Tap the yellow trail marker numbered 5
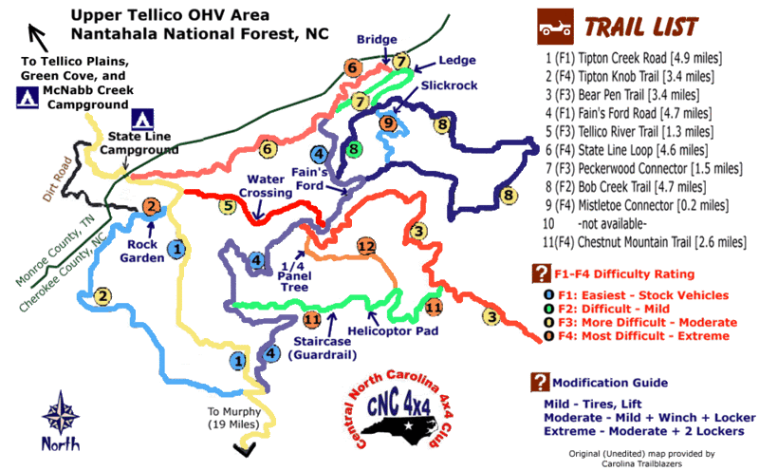tap(227, 204)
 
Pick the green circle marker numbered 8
tap(353, 148)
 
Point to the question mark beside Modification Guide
tap(541, 382)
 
